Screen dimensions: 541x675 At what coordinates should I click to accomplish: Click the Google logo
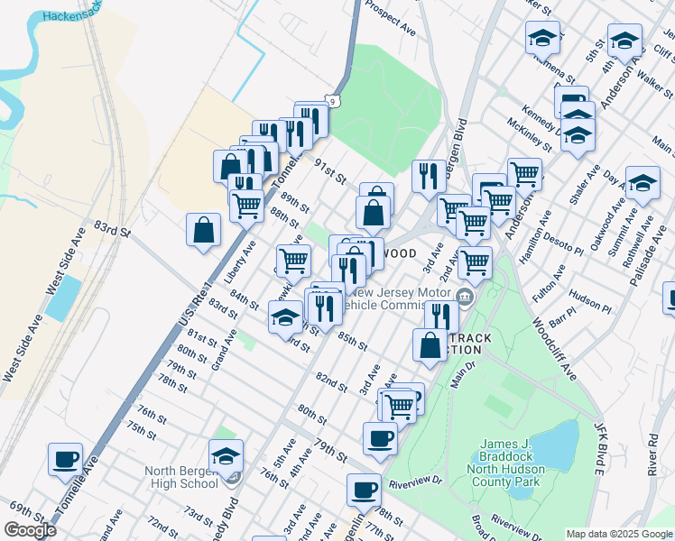pyautogui.click(x=29, y=530)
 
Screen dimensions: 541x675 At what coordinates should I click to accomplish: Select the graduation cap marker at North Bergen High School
pyautogui.click(x=226, y=455)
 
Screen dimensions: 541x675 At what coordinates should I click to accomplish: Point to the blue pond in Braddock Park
pyautogui.click(x=559, y=446)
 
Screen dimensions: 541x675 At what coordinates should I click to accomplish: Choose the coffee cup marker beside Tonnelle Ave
pyautogui.click(x=65, y=459)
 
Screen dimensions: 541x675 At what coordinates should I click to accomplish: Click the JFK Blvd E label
pyautogui.click(x=597, y=447)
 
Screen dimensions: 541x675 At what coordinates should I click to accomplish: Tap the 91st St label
pyautogui.click(x=330, y=172)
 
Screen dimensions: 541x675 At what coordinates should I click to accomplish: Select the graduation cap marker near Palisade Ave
pyautogui.click(x=643, y=184)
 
